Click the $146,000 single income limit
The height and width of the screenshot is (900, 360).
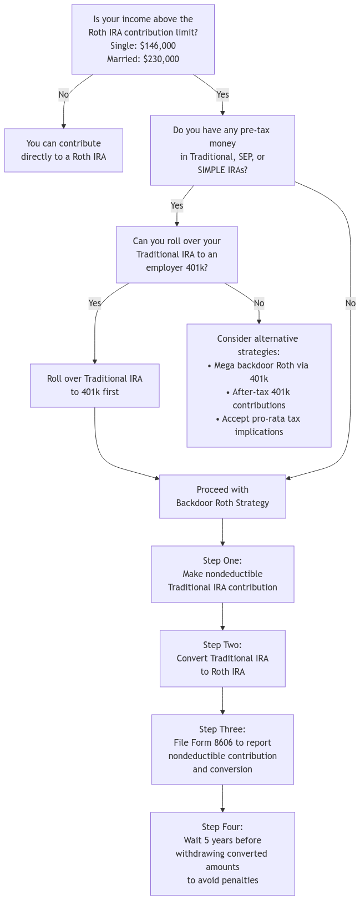point(158,45)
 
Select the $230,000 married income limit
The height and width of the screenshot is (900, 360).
point(161,59)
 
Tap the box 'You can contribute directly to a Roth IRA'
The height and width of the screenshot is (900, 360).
point(63,150)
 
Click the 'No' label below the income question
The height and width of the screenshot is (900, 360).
point(63,94)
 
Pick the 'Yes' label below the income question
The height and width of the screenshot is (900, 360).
point(222,94)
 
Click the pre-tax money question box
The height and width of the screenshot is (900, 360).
point(222,150)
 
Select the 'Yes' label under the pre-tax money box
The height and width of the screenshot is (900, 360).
point(176,205)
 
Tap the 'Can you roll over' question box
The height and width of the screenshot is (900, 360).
point(176,254)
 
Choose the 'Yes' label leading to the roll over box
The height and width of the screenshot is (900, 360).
point(95,303)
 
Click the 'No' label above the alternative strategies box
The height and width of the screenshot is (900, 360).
point(258,303)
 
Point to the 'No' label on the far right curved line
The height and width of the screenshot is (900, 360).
point(350,303)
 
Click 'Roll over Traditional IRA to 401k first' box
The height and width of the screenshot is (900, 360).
point(94,385)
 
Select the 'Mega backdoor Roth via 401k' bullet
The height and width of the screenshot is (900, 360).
point(258,372)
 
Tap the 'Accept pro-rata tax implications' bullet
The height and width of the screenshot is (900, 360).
point(258,425)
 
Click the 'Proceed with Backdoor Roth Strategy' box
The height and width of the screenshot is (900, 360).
point(222,496)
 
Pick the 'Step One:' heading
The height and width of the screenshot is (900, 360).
point(222,560)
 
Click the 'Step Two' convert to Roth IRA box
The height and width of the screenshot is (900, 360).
point(222,658)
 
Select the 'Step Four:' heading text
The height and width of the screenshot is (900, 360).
point(222,827)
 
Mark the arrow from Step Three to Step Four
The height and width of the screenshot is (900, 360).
point(222,798)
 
